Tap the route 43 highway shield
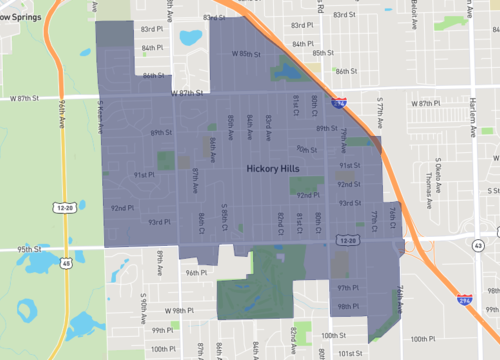click(479, 246)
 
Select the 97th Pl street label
click(347, 288)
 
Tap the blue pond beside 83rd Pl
click(189, 39)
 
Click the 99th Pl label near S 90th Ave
click(163, 329)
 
